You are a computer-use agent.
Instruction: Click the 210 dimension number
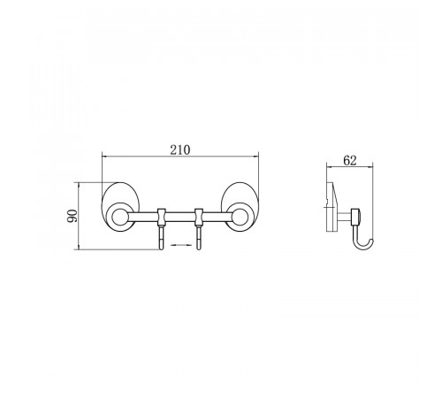click(180, 150)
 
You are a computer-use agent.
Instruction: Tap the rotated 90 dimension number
click(72, 216)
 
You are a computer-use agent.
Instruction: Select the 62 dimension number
click(350, 161)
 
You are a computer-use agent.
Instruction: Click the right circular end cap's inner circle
click(240, 217)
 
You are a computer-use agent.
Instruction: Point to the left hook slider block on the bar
click(162, 217)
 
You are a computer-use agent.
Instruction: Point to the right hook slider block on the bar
click(199, 217)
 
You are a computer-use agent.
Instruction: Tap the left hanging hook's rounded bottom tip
click(162, 249)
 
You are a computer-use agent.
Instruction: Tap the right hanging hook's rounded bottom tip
click(199, 249)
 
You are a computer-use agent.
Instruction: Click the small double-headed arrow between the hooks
click(180, 245)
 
